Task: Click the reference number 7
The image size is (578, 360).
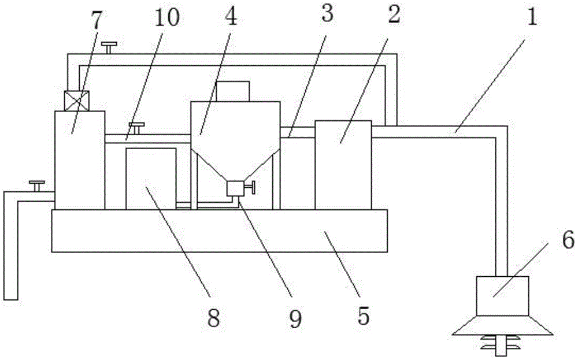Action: [x=95, y=21]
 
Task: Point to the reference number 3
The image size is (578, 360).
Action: [x=327, y=14]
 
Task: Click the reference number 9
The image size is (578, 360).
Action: [x=295, y=317]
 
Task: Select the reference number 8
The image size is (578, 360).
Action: [x=214, y=317]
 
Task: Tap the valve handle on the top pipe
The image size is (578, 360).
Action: [x=108, y=46]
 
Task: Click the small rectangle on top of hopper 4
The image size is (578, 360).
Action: [x=232, y=91]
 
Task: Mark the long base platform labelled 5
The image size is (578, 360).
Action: [x=219, y=231]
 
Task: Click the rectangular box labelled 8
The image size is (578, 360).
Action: [x=151, y=178]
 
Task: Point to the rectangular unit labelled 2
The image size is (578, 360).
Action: [x=343, y=165]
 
